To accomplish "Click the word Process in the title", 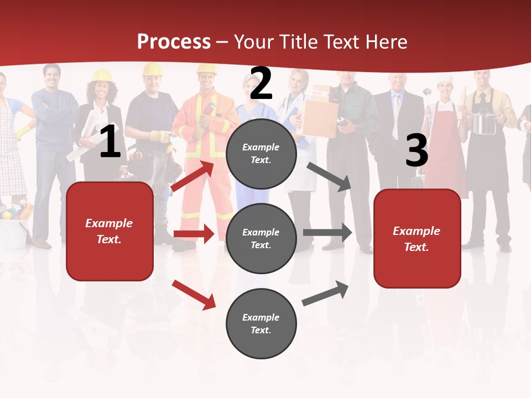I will click(x=174, y=42).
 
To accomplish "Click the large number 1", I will click(x=110, y=143).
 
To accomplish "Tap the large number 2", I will click(x=261, y=83).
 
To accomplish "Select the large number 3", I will click(x=417, y=151).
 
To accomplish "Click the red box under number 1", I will click(x=110, y=231).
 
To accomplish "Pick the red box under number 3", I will click(x=417, y=238).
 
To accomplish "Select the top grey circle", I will click(x=261, y=154).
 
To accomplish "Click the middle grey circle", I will click(x=261, y=238).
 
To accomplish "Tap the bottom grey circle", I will click(x=261, y=323).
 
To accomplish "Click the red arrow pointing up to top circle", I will click(x=192, y=175).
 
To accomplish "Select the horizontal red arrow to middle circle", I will click(x=194, y=234).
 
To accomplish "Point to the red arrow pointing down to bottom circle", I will click(x=194, y=295).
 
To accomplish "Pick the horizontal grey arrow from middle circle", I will click(x=327, y=233).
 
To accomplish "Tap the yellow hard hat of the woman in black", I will click(x=102, y=76).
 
